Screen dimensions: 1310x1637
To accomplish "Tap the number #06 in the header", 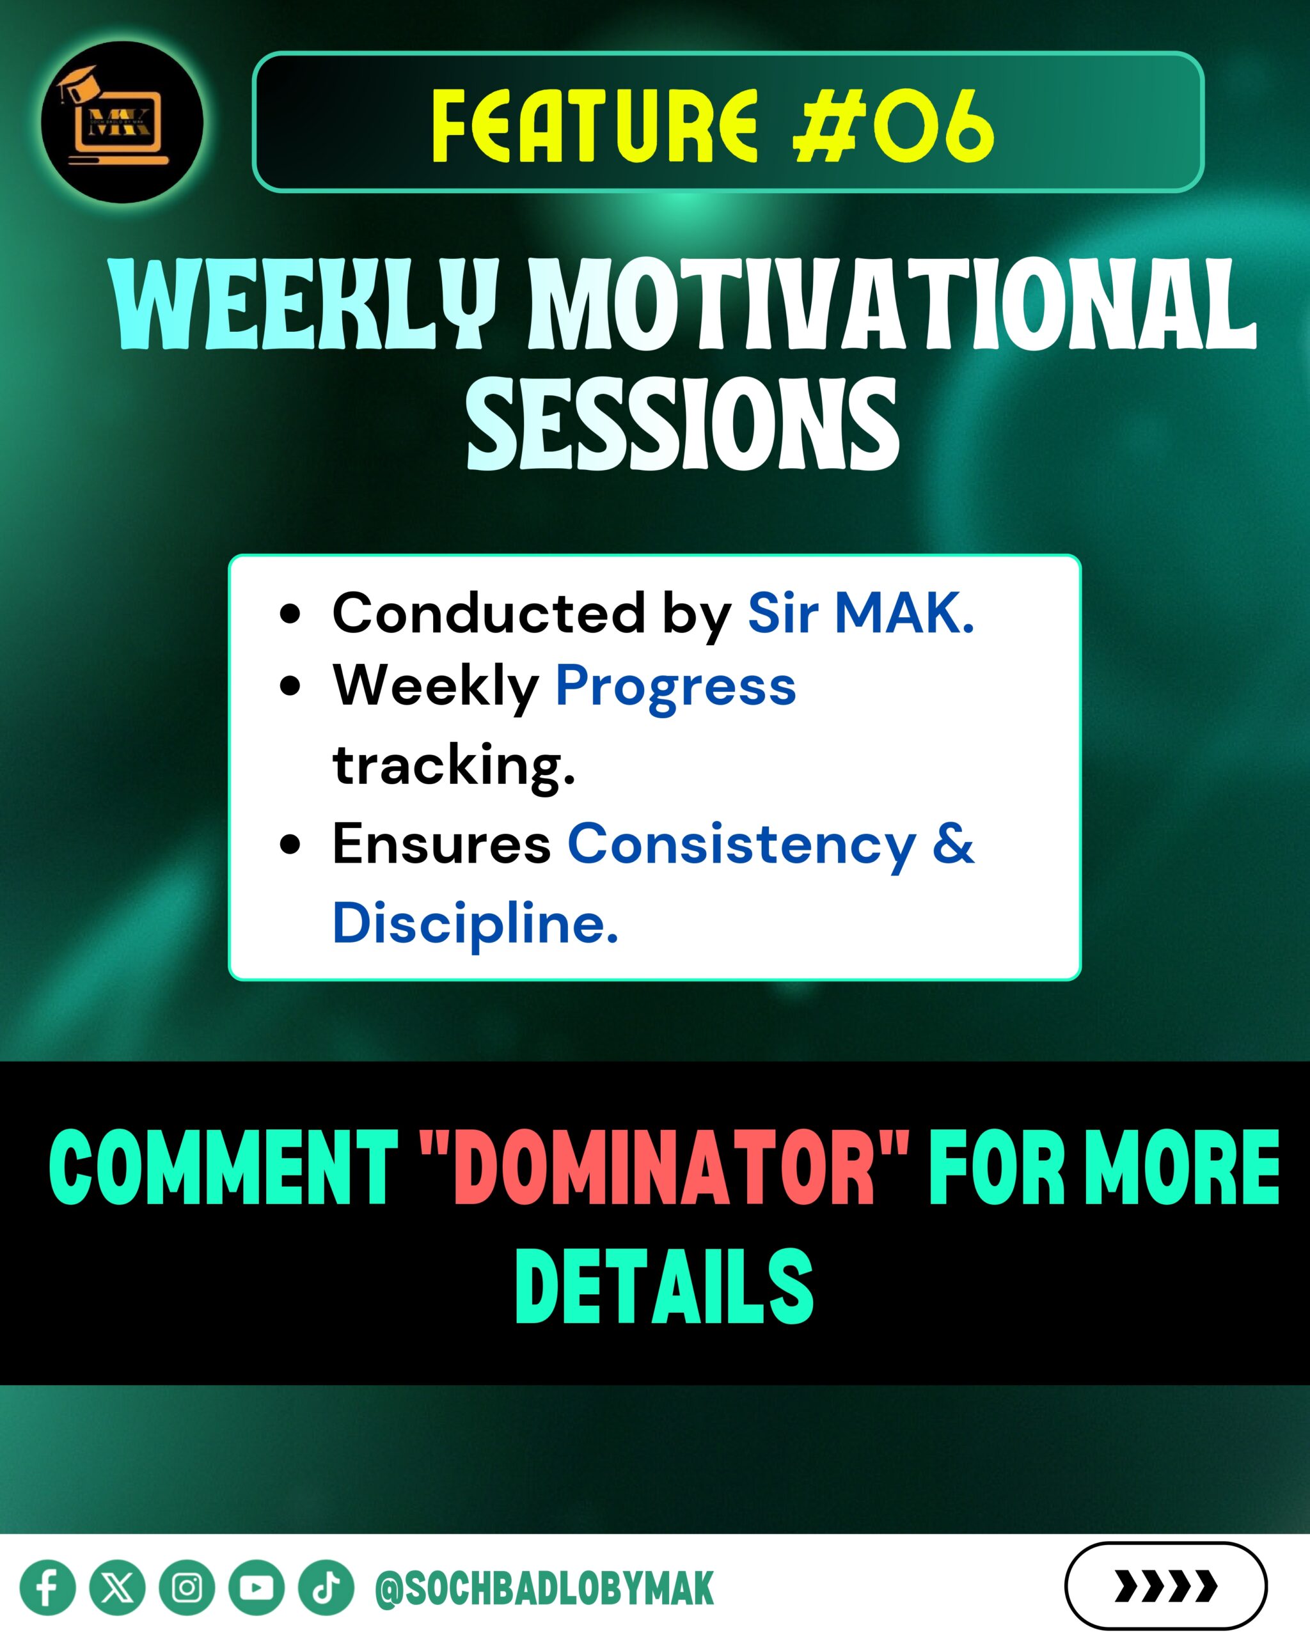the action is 893,126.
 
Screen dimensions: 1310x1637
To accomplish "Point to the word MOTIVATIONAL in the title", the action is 893,304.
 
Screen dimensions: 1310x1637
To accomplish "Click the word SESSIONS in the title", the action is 683,425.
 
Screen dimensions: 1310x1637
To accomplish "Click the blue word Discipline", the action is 475,923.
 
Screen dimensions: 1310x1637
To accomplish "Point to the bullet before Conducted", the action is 290,613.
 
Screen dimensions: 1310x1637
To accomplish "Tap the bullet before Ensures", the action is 290,844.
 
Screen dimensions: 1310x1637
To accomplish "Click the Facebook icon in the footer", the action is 48,1588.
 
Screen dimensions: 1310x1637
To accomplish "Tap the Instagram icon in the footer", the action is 187,1588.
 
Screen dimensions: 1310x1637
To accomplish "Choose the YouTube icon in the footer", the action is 256,1588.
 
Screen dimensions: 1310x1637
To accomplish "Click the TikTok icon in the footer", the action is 326,1588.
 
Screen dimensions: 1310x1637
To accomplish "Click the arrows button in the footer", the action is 1165,1586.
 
